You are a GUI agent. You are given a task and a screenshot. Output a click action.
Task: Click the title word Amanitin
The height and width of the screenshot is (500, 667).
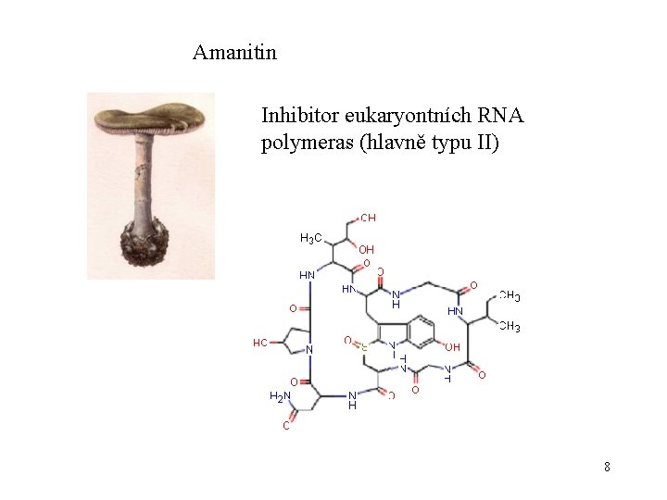234,53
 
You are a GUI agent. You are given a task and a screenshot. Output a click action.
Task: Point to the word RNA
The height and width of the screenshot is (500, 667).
503,117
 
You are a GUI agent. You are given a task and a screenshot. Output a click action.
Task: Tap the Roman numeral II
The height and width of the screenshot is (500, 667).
483,144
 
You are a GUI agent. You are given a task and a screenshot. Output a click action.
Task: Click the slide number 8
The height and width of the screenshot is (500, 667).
607,467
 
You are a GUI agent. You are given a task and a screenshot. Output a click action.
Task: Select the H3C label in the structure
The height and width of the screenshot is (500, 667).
311,239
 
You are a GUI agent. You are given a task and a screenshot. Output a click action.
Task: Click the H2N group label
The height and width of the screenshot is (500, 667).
280,396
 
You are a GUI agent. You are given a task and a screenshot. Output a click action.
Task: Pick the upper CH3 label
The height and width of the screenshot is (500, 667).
509,296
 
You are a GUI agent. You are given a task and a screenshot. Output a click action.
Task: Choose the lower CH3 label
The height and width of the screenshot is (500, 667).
509,327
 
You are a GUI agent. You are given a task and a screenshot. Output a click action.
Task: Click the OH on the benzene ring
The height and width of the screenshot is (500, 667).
452,347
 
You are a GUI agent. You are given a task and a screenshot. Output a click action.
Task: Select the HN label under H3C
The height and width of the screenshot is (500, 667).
307,275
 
